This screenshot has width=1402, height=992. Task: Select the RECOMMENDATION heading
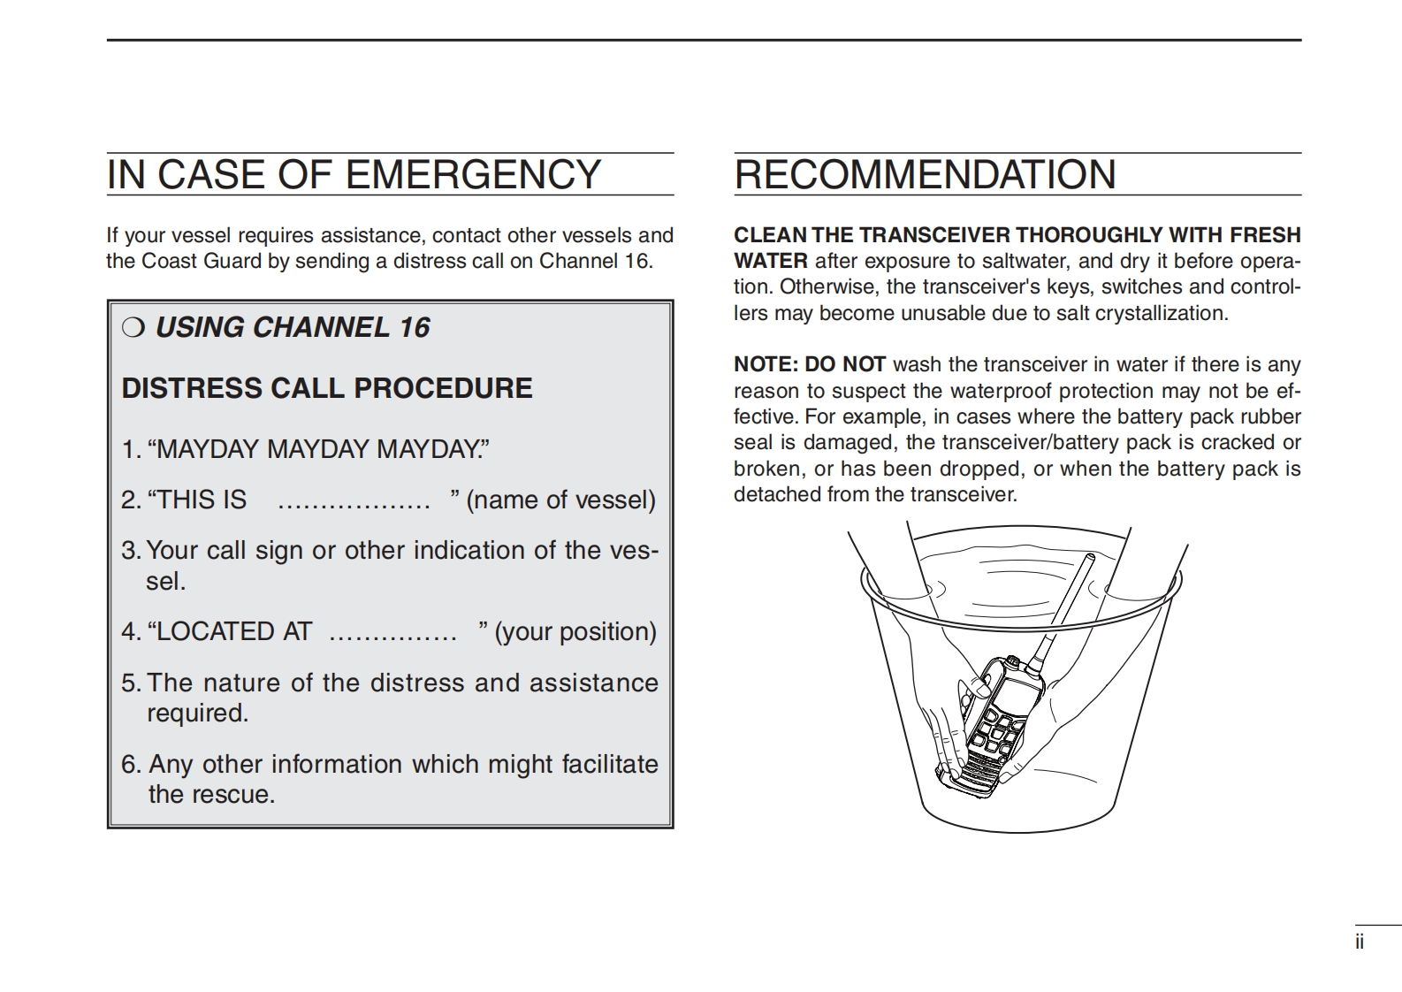point(925,175)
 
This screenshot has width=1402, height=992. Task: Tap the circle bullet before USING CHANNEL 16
point(133,328)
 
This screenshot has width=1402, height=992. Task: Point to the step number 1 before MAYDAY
point(129,450)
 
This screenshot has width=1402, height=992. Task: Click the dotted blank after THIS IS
point(354,501)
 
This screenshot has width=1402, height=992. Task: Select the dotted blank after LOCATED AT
point(392,633)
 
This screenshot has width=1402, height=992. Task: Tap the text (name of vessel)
point(560,500)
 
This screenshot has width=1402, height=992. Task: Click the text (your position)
point(575,632)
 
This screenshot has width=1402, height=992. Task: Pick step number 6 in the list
point(130,765)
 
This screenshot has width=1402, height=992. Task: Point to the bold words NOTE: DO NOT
point(809,365)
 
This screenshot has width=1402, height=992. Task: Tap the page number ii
point(1360,942)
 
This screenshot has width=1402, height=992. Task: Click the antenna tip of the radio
point(1090,559)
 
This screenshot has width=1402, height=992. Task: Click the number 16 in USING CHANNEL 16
point(414,328)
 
